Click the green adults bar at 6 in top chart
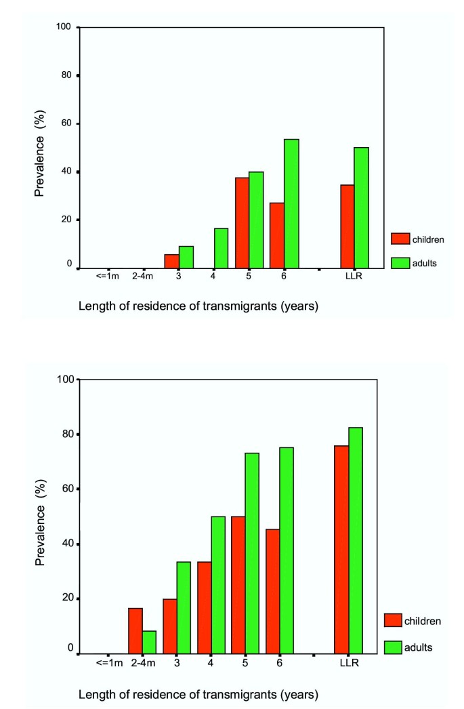(x=291, y=203)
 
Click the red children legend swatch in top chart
(x=401, y=239)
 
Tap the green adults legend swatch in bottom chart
(x=393, y=647)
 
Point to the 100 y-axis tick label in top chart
(x=64, y=27)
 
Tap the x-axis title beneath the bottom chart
(x=198, y=695)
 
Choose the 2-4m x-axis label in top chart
(x=143, y=277)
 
